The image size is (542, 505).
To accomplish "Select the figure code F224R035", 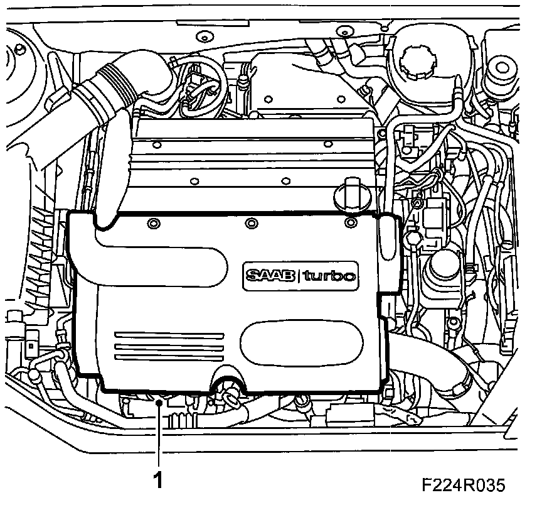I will point(463,485).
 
